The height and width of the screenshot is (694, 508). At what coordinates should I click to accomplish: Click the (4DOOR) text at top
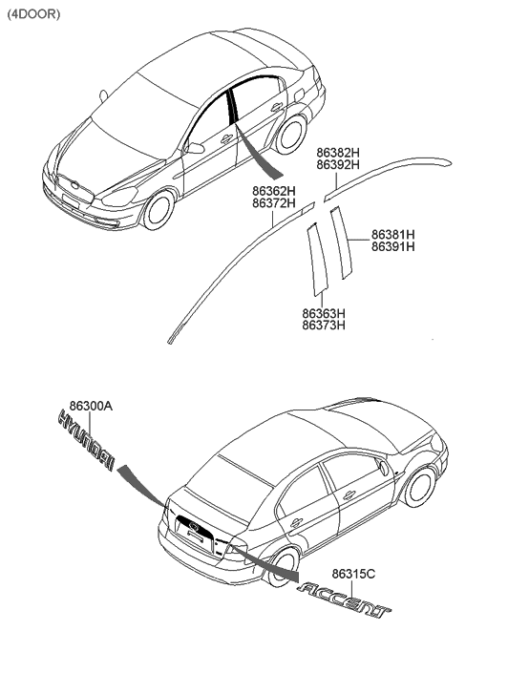(x=33, y=14)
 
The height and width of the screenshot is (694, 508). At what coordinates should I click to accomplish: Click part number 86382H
(x=338, y=153)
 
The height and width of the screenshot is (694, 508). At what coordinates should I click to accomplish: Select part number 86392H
(x=338, y=165)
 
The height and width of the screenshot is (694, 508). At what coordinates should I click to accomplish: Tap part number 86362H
(x=274, y=191)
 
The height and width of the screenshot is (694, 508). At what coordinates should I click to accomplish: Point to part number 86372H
(x=274, y=203)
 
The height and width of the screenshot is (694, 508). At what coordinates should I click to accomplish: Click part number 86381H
(x=392, y=234)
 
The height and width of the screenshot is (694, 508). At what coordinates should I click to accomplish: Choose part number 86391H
(x=392, y=246)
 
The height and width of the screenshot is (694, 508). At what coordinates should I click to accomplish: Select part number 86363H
(x=323, y=313)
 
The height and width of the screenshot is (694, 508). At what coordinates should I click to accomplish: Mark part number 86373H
(x=323, y=326)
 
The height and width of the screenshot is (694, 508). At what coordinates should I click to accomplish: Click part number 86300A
(x=91, y=406)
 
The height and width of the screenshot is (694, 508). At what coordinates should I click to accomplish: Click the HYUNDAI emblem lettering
(x=86, y=442)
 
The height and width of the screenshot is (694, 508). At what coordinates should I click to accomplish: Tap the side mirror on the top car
(x=195, y=147)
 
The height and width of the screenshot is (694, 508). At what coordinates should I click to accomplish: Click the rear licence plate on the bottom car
(x=196, y=536)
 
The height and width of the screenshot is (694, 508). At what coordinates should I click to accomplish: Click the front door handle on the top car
(x=226, y=139)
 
